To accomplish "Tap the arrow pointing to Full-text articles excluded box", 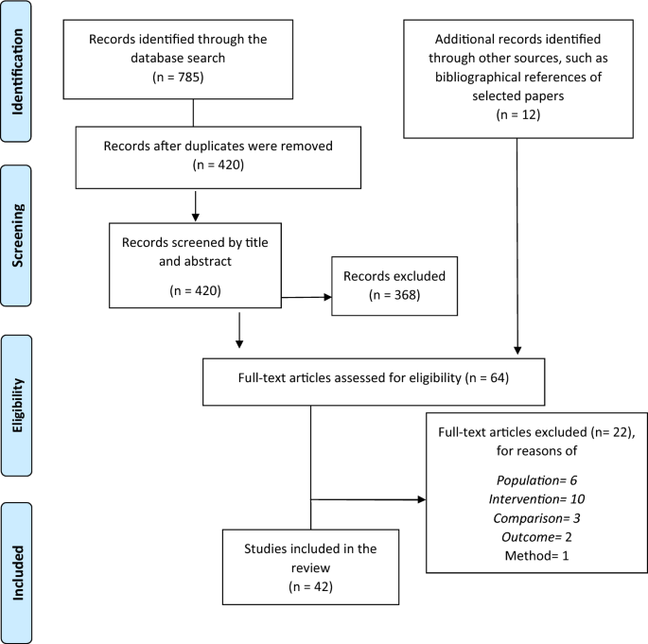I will [x=368, y=500].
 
